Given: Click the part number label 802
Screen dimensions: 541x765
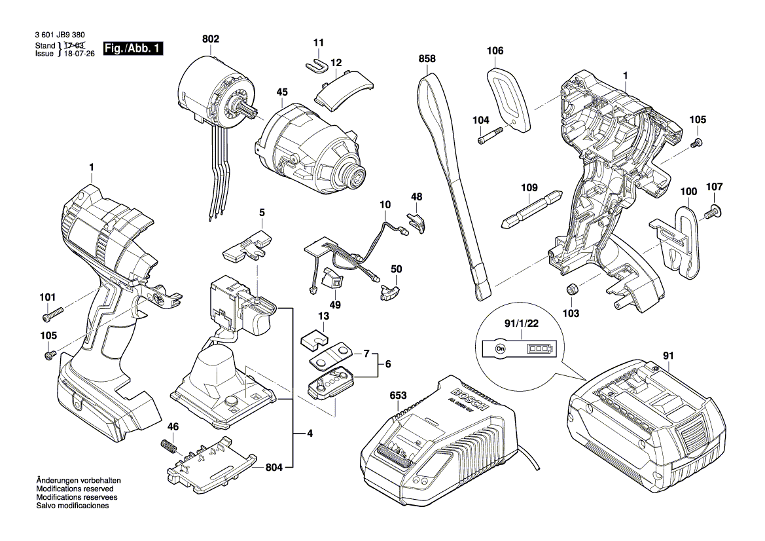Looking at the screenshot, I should click(210, 40).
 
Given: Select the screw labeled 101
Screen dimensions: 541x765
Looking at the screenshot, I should click(52, 315).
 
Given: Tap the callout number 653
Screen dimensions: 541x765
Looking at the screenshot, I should click(397, 396).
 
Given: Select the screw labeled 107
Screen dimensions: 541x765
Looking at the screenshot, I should click(712, 210).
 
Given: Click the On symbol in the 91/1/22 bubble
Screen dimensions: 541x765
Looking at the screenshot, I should click(500, 348).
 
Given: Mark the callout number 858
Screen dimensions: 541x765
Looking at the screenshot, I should click(427, 59).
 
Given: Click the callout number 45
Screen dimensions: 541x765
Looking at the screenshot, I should click(281, 93).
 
